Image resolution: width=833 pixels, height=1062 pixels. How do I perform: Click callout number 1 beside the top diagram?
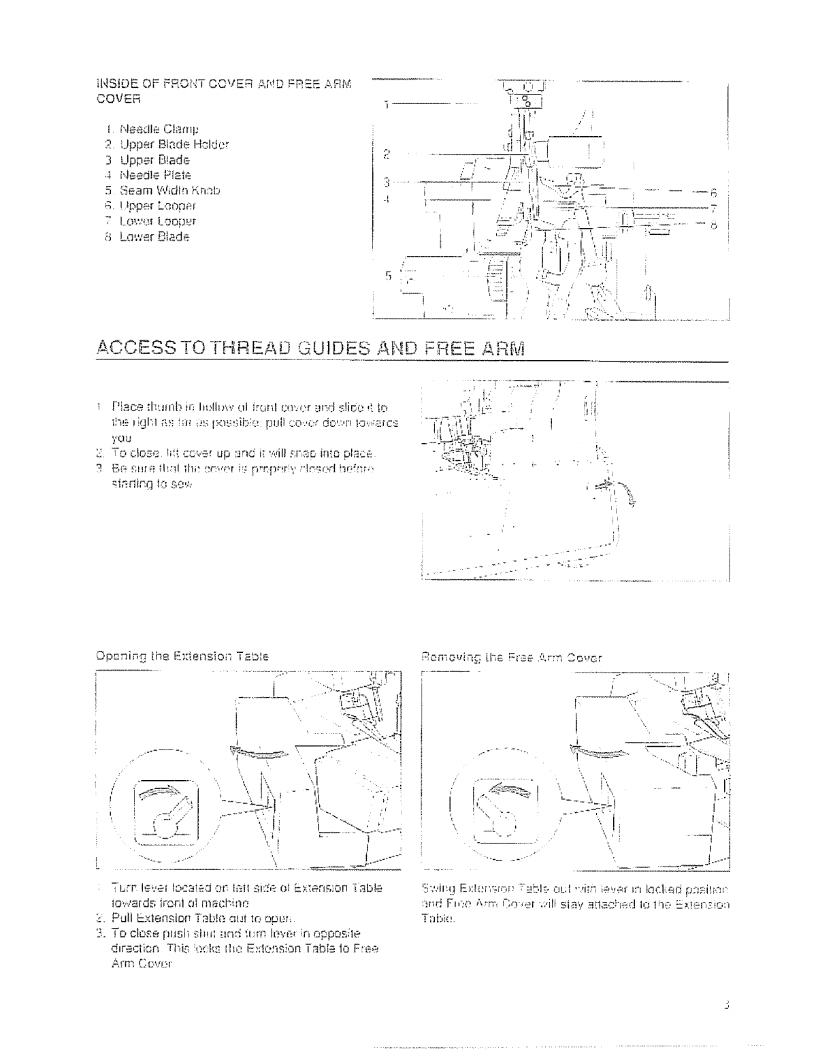point(385,106)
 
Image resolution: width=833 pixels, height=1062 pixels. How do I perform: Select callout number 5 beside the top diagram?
point(388,276)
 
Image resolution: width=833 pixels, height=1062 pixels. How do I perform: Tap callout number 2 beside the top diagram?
point(385,152)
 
